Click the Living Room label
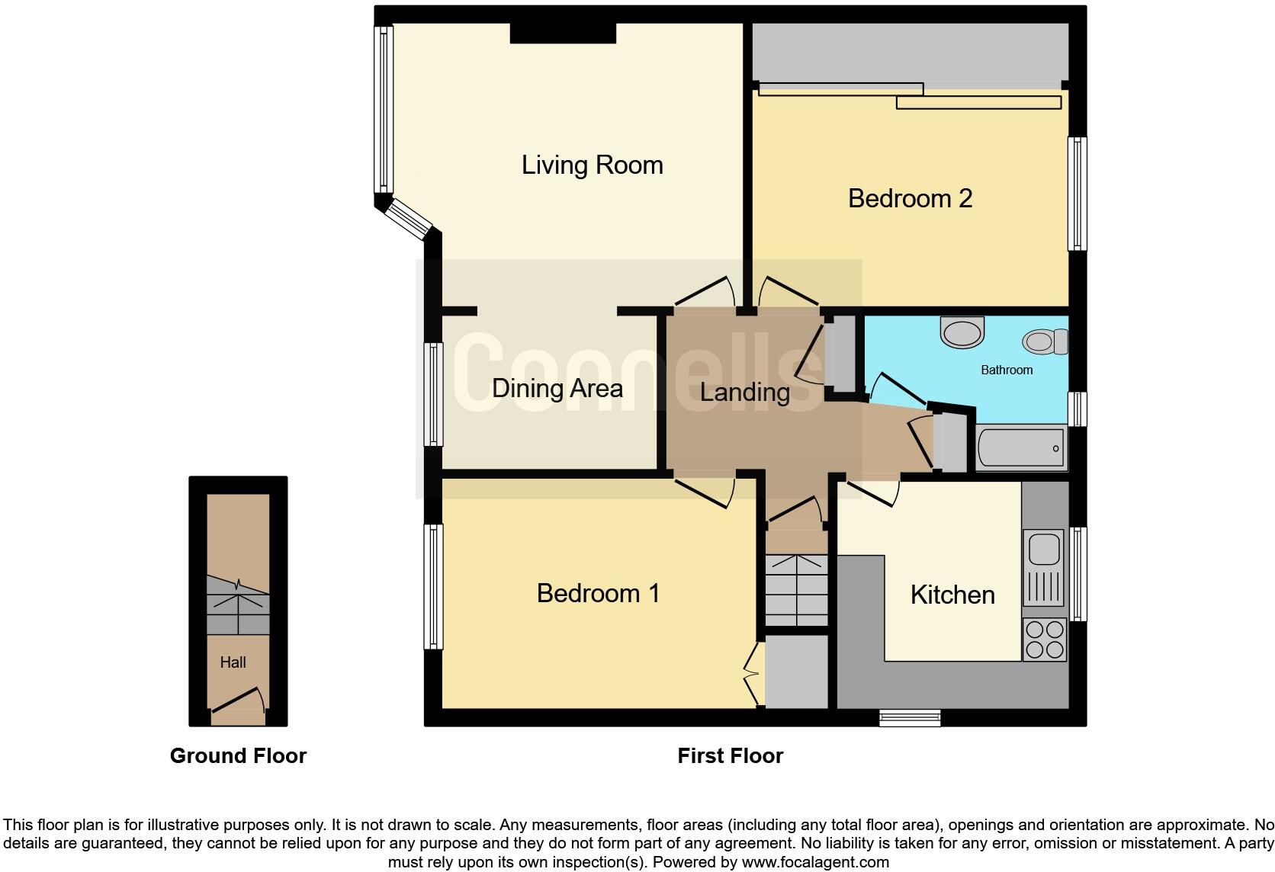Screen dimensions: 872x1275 point(592,165)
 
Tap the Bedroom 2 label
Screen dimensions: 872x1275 point(910,198)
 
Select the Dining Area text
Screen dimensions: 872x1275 point(557,388)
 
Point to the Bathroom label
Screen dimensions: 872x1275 point(1007,370)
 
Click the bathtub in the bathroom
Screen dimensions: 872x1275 point(1021,448)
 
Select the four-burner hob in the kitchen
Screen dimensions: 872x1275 point(1044,640)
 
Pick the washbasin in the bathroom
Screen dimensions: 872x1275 point(962,333)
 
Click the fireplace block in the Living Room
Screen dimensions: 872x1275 point(563,33)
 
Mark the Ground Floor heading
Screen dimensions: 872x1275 point(238,755)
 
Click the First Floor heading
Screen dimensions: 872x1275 point(730,755)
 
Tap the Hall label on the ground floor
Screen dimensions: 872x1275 point(233,662)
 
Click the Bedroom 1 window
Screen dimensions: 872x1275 point(433,586)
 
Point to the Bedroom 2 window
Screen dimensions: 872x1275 point(1076,194)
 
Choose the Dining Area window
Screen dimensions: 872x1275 point(433,393)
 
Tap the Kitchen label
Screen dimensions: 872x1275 point(952,595)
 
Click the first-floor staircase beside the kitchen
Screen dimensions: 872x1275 point(796,590)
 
